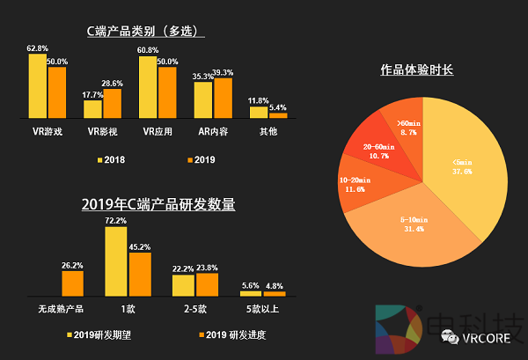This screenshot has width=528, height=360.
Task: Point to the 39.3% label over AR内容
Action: coord(224,72)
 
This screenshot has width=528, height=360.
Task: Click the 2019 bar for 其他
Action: coord(278,114)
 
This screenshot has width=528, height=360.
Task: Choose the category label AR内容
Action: coord(212,131)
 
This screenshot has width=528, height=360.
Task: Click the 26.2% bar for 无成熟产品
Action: coord(72,283)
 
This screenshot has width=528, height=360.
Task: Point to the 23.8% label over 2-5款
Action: coord(208,267)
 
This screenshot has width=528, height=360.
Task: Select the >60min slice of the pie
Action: coord(406,127)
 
